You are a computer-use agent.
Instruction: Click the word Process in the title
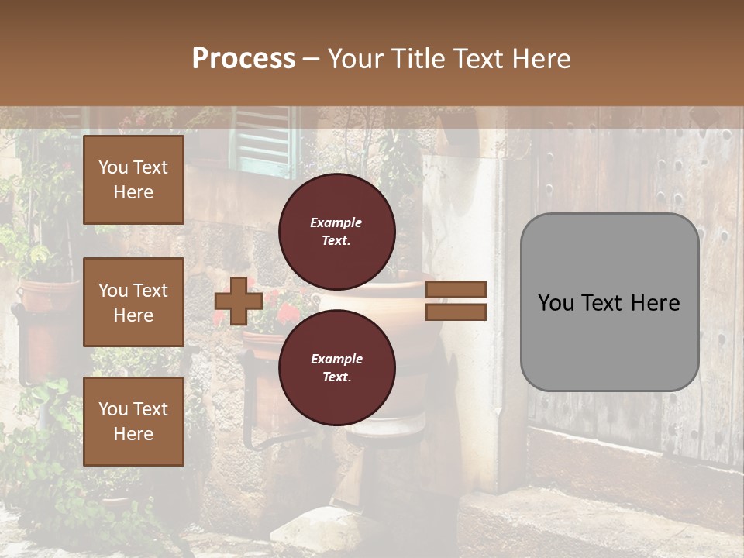(243, 59)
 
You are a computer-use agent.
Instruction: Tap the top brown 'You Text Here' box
(133, 180)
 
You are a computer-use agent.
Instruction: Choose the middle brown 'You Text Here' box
(133, 302)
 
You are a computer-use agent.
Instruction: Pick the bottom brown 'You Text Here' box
(133, 422)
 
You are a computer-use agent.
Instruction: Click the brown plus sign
(238, 301)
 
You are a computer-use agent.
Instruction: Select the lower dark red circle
(336, 367)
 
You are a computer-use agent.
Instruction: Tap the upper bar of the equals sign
(456, 290)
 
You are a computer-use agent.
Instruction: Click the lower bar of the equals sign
(456, 312)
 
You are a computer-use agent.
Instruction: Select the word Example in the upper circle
(336, 222)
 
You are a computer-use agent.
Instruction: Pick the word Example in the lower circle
(336, 359)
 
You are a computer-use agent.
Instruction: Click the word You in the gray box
(556, 303)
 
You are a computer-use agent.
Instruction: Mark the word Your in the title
(354, 59)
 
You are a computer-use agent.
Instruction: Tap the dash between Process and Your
(312, 60)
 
